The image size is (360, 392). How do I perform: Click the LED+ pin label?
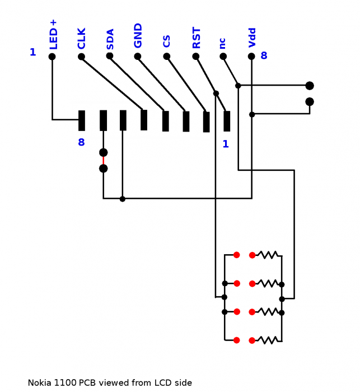54,34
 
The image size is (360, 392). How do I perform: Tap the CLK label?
82,39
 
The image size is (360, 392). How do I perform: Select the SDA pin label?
110,39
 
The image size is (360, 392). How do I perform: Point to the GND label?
138,35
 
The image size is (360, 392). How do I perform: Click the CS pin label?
167,41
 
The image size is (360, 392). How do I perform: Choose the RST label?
197,38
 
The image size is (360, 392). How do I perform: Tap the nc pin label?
223,43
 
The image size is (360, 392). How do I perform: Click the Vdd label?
252,38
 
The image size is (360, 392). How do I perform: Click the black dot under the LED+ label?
52,57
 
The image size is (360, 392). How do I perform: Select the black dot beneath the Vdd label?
251,57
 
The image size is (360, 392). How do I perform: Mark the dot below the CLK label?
81,57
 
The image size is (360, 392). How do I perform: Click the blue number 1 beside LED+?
32,53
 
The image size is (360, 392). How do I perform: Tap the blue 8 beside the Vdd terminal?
264,55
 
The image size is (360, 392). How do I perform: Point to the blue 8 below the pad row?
81,142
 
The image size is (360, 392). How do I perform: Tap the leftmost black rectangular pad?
82,120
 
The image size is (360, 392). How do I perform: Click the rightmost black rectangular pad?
227,121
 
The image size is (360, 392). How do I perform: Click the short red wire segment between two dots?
103,160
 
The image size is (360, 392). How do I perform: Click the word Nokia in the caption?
40,383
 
